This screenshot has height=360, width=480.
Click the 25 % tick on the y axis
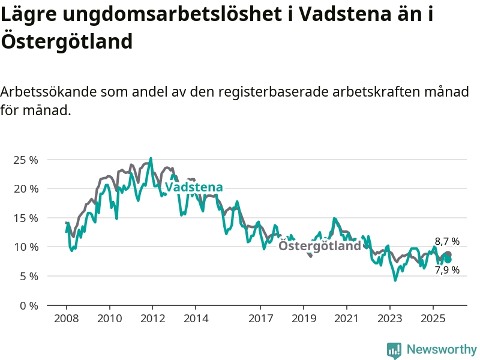26,160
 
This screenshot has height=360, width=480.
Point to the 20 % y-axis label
26,189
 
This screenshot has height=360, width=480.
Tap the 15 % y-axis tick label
26,218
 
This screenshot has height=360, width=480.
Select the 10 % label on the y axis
26,247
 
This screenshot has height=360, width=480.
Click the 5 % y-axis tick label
28,277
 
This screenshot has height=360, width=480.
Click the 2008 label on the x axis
66,317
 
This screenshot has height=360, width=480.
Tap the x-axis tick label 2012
152,317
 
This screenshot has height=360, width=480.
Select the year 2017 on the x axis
260,317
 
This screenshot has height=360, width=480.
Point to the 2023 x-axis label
390,317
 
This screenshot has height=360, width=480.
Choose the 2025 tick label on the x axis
433,317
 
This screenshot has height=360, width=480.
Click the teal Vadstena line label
194,187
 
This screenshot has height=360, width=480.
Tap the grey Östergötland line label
320,246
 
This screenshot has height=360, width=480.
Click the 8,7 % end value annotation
447,241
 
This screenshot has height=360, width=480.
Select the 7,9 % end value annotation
447,270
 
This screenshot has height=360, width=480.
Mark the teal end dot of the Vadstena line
448,259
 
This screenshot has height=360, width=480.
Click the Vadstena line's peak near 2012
151,159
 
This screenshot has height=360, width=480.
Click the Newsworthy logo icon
394,350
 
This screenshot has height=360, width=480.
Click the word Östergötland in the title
67,41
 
